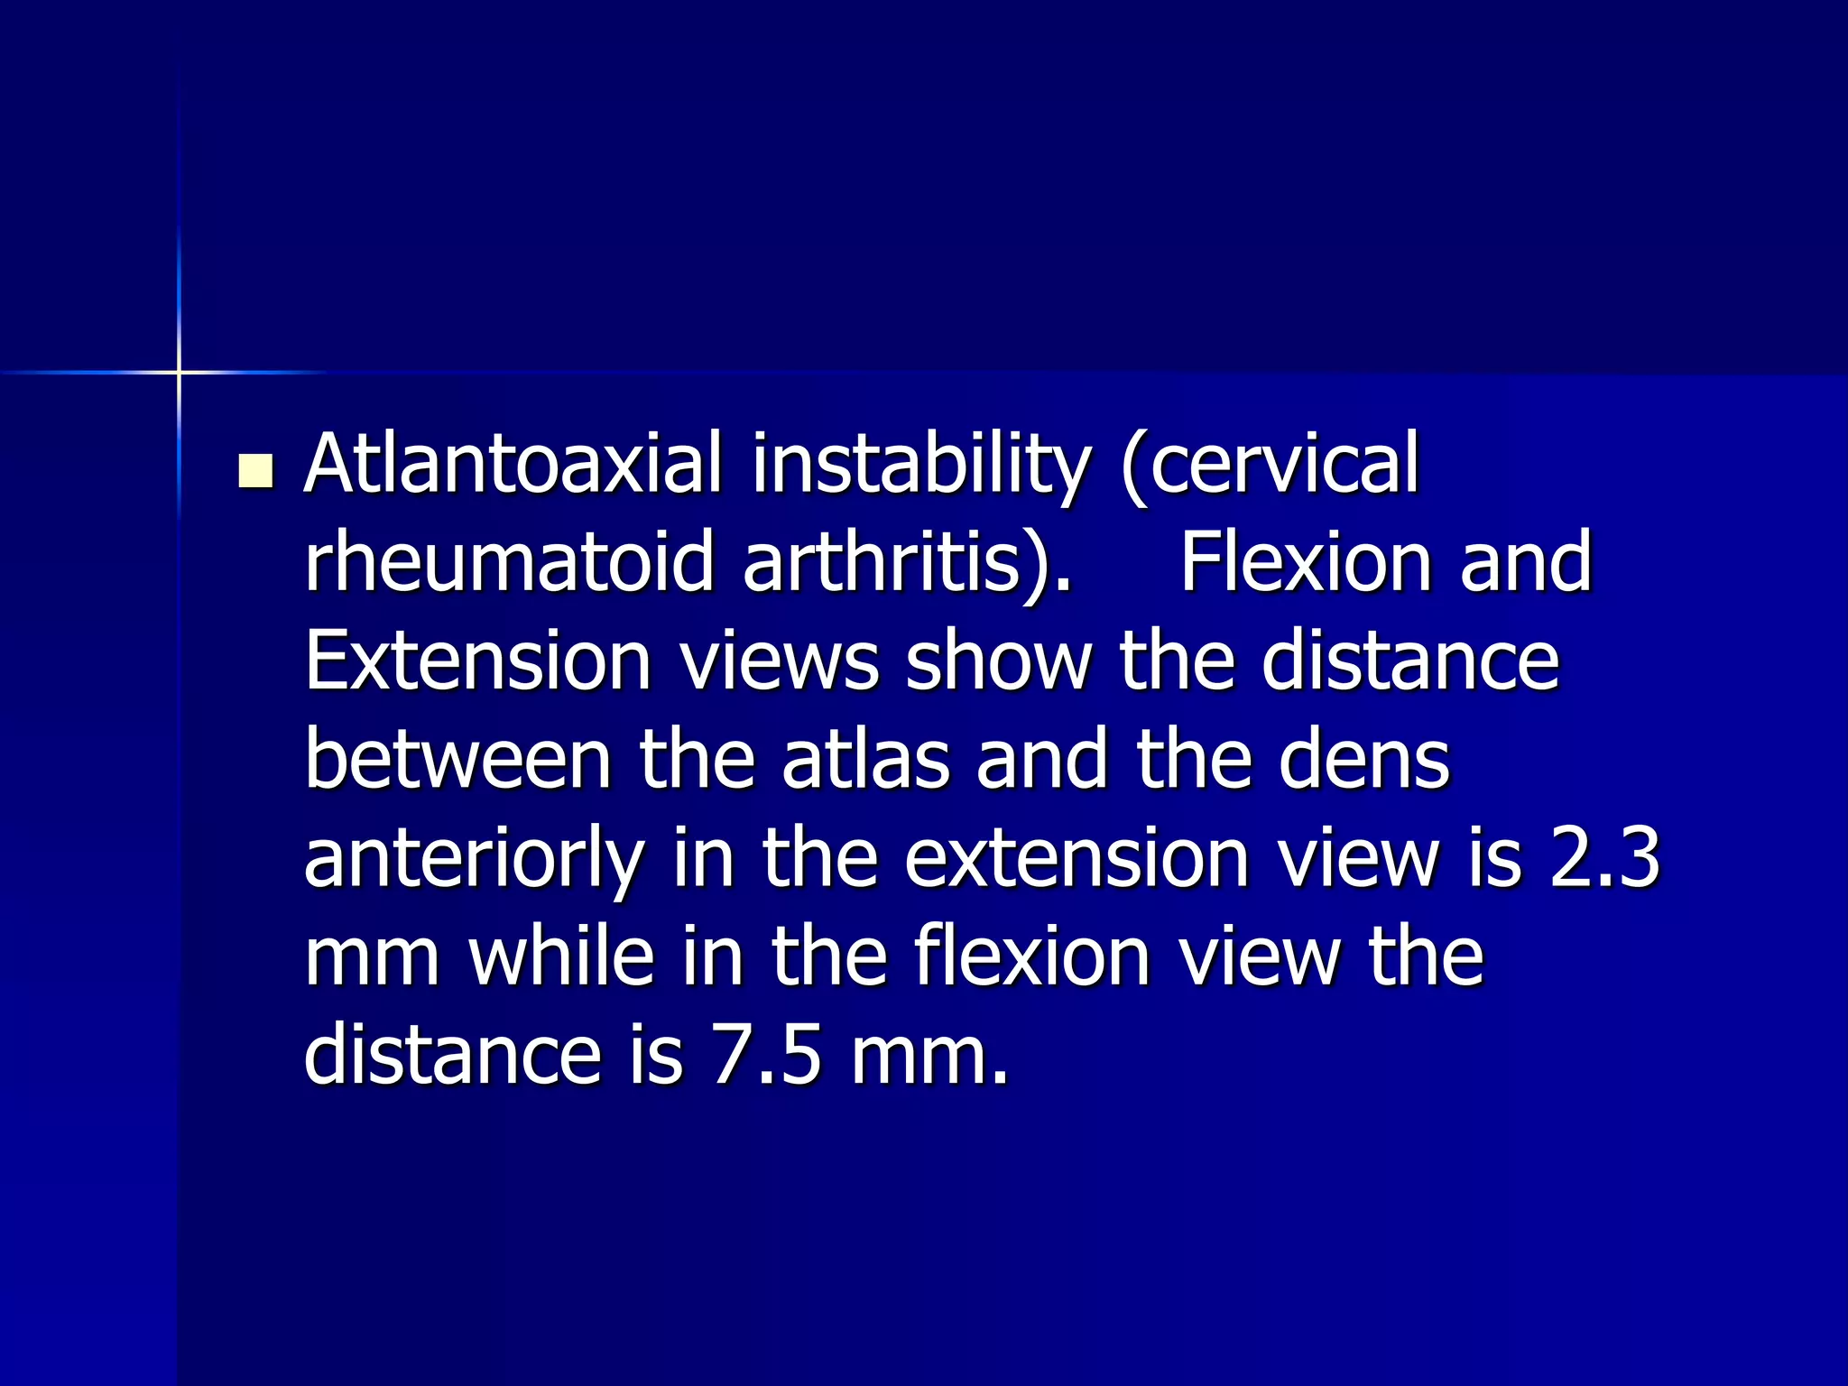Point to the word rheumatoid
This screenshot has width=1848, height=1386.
pos(510,562)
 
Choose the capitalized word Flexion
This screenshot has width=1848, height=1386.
pos(1307,562)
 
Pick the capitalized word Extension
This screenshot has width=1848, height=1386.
pos(477,661)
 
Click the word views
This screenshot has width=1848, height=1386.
pos(779,661)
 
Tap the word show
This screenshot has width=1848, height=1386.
pos(998,661)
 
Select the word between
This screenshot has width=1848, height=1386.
pos(459,760)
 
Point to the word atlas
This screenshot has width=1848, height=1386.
pos(866,760)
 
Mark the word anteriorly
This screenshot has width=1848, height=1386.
pos(475,859)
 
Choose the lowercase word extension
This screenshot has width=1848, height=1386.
pos(1077,859)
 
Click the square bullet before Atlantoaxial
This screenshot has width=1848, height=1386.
pos(256,471)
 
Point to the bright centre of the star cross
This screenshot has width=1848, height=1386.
pos(179,372)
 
